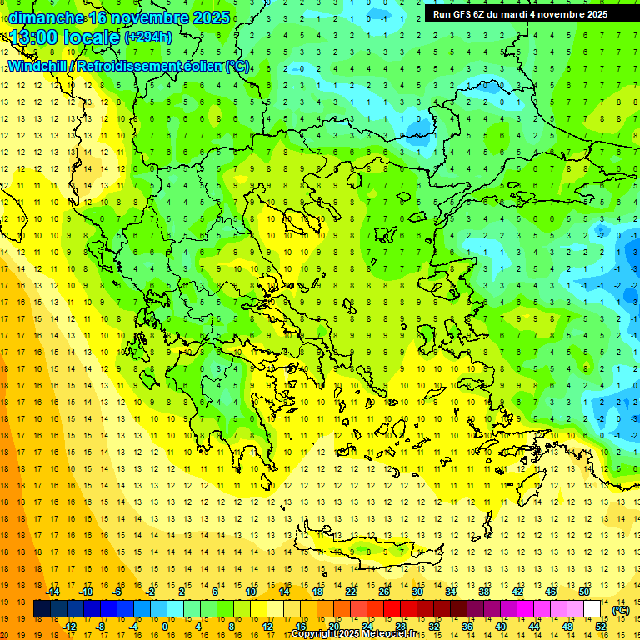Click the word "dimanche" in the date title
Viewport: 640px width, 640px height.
click(x=47, y=17)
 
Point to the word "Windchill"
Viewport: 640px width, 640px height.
click(x=38, y=66)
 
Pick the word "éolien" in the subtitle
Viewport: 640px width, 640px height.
click(x=206, y=66)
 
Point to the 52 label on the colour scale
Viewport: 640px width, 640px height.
click(x=600, y=627)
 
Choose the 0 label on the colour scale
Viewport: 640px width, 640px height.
click(x=165, y=627)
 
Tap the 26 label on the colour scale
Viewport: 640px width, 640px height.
click(x=384, y=592)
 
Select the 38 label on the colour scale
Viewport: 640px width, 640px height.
click(x=484, y=592)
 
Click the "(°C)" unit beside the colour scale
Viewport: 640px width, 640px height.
click(x=620, y=609)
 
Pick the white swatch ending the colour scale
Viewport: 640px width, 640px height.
click(x=592, y=609)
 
